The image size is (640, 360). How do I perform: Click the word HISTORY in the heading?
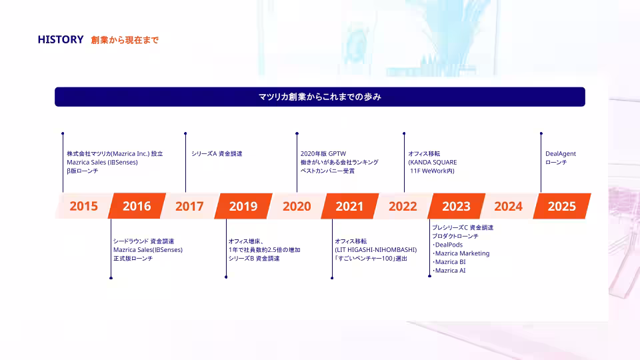click(x=61, y=39)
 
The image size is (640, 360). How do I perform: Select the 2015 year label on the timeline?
click(x=84, y=206)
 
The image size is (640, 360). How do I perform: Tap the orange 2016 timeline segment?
click(x=137, y=206)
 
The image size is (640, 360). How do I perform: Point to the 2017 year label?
click(x=189, y=206)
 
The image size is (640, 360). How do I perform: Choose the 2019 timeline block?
click(x=243, y=206)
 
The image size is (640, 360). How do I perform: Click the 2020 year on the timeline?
click(x=297, y=206)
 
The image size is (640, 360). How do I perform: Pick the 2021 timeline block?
click(x=350, y=206)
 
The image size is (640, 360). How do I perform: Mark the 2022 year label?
click(x=403, y=206)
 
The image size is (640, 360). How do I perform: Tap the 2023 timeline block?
click(x=456, y=206)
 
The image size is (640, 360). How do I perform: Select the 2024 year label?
click(x=508, y=206)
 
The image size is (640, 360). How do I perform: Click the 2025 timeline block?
click(x=562, y=206)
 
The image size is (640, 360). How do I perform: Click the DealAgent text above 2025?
click(x=561, y=154)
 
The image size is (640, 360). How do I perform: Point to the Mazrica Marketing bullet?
click(x=461, y=253)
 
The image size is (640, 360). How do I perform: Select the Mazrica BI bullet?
click(x=449, y=262)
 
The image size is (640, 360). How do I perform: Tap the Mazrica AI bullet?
click(x=449, y=271)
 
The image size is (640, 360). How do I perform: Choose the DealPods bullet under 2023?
click(x=447, y=245)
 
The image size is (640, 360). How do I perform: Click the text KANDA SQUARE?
click(x=433, y=163)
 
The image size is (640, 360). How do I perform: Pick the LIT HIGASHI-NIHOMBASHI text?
click(x=376, y=250)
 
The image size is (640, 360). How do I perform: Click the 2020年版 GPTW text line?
click(x=323, y=154)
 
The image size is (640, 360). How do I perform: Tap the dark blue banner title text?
click(x=320, y=97)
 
